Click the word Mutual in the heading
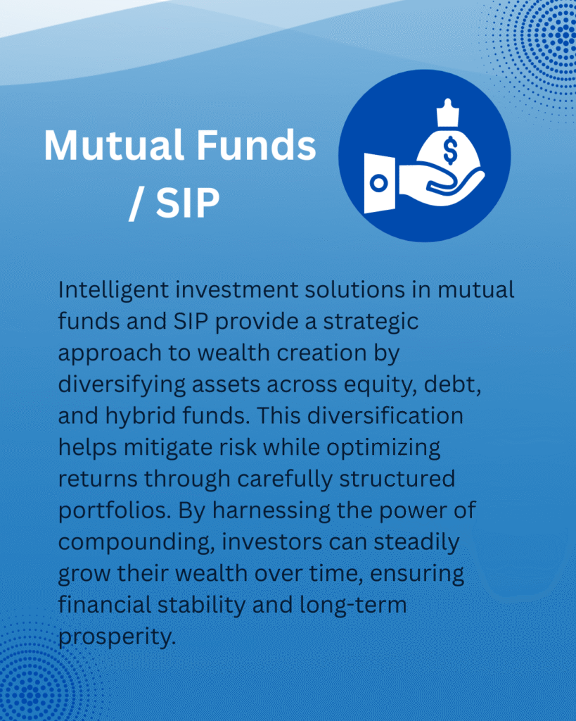[x=114, y=145]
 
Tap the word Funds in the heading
[x=256, y=145]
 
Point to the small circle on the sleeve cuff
[x=379, y=183]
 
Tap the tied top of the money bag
[x=448, y=113]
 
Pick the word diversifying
[x=122, y=386]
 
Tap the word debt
[x=452, y=384]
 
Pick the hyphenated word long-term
[x=353, y=606]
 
